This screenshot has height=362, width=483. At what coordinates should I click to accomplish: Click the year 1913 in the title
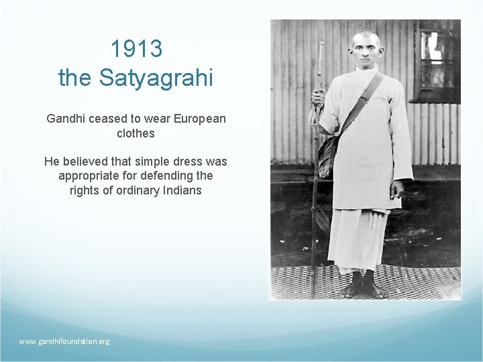point(136,49)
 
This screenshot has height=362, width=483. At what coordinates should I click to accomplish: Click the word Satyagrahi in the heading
point(156,78)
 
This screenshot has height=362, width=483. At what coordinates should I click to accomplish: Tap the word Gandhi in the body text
point(65,119)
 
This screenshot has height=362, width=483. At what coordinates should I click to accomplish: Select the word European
point(199,119)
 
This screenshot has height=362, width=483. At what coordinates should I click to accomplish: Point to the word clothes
point(136,133)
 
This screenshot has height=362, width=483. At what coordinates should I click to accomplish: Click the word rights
point(85,190)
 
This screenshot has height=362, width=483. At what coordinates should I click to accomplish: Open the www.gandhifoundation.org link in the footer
point(64,341)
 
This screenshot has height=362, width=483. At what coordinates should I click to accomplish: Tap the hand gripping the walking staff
point(317,98)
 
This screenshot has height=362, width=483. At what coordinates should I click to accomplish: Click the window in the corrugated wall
point(437,60)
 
